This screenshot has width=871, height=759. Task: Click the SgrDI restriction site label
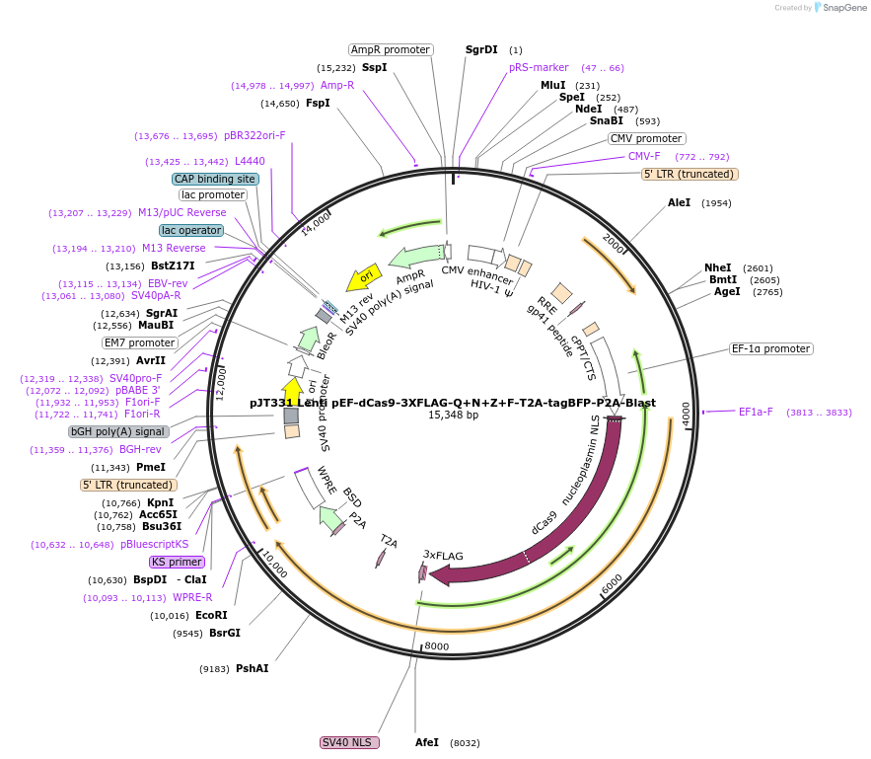(x=481, y=49)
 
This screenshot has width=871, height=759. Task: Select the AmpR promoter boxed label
(x=391, y=49)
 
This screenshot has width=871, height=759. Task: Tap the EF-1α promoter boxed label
(x=771, y=348)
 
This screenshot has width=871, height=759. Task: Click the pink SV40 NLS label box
(x=350, y=742)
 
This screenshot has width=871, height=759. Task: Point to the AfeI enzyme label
(x=427, y=742)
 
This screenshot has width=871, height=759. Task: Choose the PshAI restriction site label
(x=252, y=668)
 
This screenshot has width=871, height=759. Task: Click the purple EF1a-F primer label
(x=756, y=413)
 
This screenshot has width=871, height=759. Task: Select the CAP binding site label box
(x=215, y=179)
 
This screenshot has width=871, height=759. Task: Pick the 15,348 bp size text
(x=453, y=415)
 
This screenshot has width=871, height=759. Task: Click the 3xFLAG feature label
(x=443, y=556)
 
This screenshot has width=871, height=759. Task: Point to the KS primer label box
(x=178, y=562)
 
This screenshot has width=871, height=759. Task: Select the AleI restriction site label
(x=680, y=202)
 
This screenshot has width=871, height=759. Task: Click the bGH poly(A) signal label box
(x=118, y=431)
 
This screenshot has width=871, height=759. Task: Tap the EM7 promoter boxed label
(x=140, y=342)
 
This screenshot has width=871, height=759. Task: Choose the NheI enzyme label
(x=718, y=267)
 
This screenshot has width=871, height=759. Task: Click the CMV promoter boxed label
(x=646, y=138)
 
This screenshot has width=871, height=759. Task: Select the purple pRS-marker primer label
(x=539, y=67)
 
